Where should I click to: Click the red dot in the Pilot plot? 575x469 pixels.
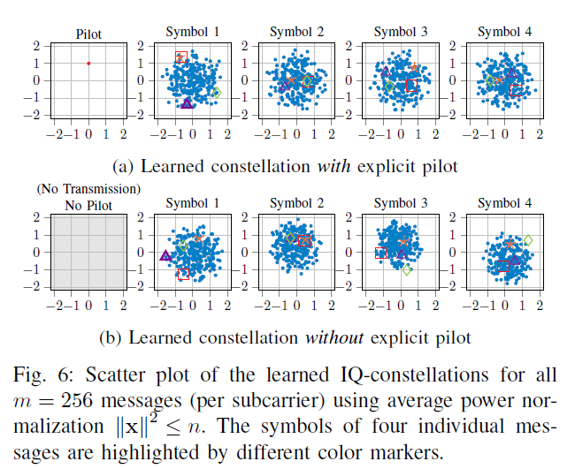pyautogui.click(x=88, y=63)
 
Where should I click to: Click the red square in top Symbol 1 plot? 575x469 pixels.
pyautogui.click(x=180, y=57)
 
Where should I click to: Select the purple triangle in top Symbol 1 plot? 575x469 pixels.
pyautogui.click(x=187, y=103)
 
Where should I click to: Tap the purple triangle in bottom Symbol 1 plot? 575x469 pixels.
pyautogui.click(x=165, y=255)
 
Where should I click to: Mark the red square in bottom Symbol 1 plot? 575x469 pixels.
pyautogui.click(x=183, y=276)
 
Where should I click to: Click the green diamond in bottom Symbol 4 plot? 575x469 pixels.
pyautogui.click(x=528, y=239)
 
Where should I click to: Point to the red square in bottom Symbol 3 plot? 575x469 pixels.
pyautogui.click(x=381, y=253)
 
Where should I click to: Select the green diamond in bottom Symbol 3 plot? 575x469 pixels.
pyautogui.click(x=407, y=269)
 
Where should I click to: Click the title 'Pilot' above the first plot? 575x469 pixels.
pyautogui.click(x=88, y=34)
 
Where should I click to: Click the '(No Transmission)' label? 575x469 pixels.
pyautogui.click(x=88, y=190)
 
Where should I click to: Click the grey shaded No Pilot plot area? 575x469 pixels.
pyautogui.click(x=88, y=252)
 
